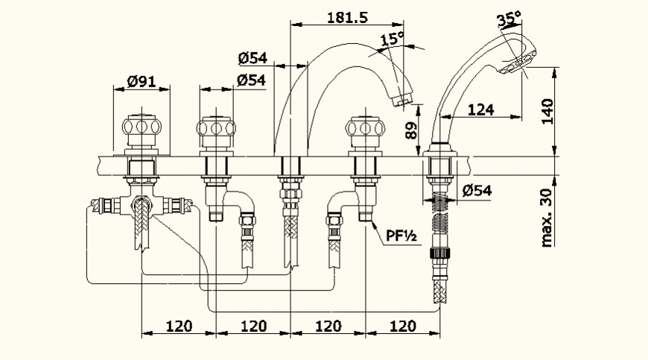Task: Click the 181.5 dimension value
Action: point(348,18)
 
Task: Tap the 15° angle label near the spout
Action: point(392,39)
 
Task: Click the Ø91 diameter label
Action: point(141,82)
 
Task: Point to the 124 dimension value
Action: point(481,110)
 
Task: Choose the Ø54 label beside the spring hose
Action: point(477,191)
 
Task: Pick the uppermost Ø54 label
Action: point(253,57)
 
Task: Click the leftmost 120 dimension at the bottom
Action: point(179,326)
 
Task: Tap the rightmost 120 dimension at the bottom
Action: point(402,326)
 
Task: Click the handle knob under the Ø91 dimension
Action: point(141,128)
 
